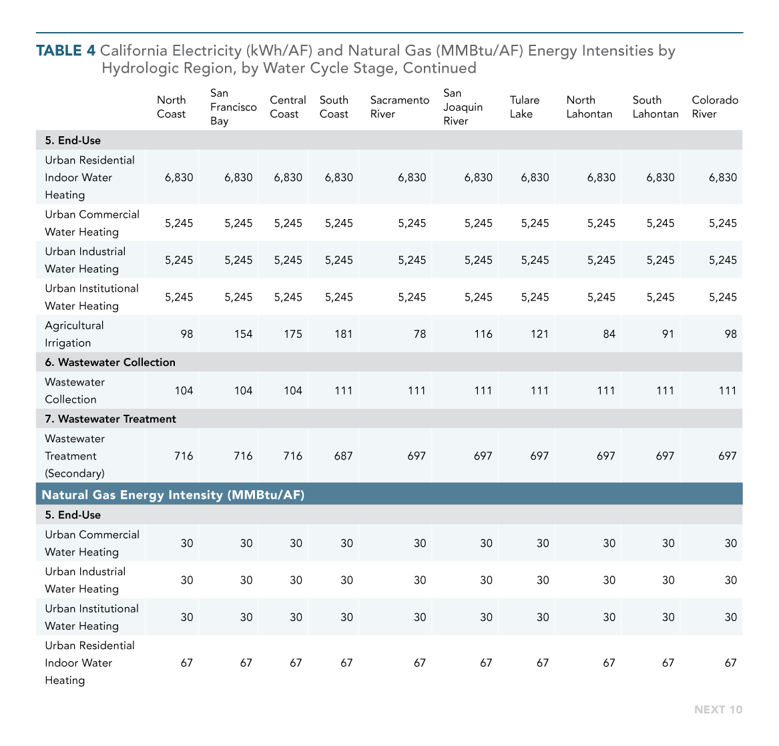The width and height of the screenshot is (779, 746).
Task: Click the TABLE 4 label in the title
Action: tap(65, 51)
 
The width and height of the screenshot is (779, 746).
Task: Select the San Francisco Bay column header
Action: tap(233, 107)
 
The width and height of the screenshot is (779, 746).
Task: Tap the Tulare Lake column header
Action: tap(524, 107)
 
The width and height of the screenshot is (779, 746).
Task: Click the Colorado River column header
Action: tap(715, 107)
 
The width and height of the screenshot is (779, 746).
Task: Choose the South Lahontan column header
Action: tap(656, 107)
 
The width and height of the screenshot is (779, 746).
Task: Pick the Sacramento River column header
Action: tap(399, 107)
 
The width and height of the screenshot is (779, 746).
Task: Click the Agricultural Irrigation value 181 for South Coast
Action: tap(343, 334)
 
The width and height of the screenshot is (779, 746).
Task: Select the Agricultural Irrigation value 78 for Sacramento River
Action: tap(420, 334)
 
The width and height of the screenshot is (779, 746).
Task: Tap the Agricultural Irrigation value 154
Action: tap(243, 334)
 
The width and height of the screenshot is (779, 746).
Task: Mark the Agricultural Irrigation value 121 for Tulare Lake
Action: tap(539, 334)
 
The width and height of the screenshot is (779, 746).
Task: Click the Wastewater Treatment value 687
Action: tap(343, 455)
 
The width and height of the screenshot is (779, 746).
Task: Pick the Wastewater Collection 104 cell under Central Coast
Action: tap(292, 391)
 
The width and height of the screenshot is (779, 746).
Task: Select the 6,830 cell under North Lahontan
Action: tap(601, 178)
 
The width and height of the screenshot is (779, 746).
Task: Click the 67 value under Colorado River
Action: tap(730, 663)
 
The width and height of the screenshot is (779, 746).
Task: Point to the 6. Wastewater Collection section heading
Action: tap(109, 363)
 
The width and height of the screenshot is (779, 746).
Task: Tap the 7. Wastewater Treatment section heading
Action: tap(110, 419)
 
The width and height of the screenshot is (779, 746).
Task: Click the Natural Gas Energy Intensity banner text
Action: tap(173, 495)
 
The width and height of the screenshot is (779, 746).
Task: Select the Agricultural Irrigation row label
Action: tap(74, 334)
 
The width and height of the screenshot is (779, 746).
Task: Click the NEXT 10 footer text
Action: tap(718, 710)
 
